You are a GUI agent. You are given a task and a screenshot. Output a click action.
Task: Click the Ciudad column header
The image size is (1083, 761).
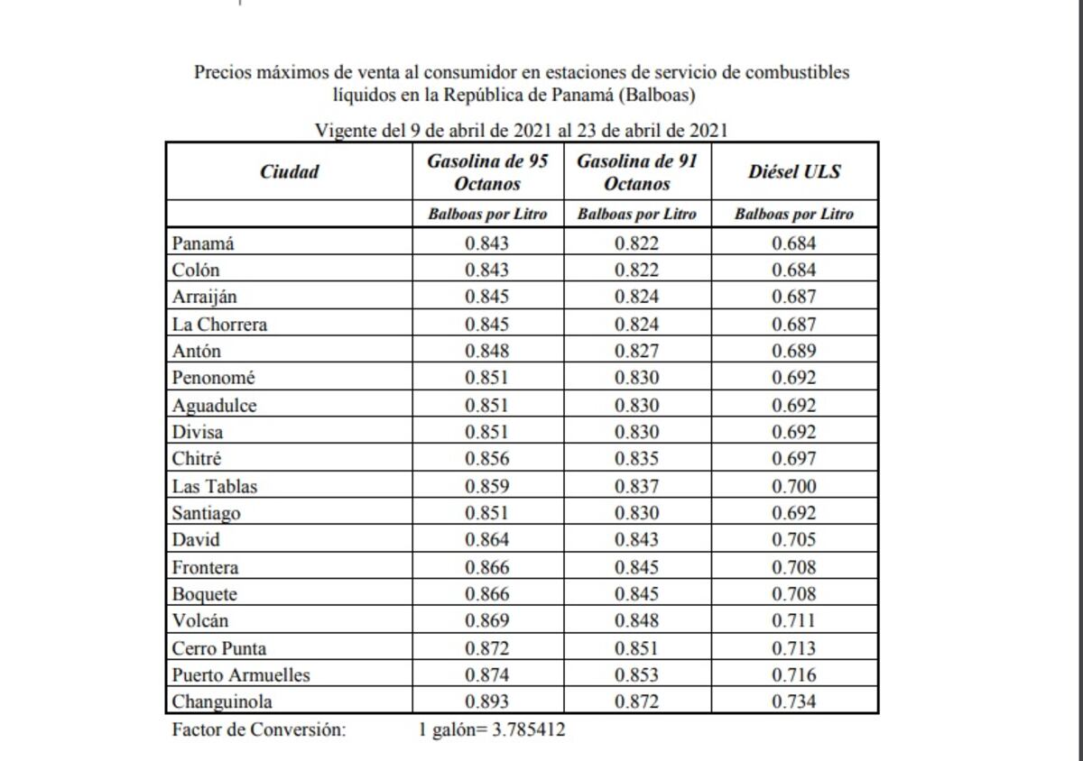coord(289,171)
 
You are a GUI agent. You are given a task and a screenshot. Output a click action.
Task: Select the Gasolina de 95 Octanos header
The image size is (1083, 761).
coord(487,171)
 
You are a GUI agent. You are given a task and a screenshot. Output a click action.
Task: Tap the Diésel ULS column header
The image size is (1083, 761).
coord(794,171)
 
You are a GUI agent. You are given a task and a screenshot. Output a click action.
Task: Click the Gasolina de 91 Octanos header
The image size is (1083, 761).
coord(637,171)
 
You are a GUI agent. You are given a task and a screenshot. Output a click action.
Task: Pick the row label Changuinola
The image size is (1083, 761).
coord(222,701)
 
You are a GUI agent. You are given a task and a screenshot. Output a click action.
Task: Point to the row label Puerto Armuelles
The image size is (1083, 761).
coord(241,674)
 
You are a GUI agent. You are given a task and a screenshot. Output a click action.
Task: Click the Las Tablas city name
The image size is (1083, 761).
coord(215,486)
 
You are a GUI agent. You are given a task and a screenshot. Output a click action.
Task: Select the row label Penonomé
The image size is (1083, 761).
coord(213,378)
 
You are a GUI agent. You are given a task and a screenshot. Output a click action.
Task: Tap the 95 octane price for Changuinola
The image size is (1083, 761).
coord(487,701)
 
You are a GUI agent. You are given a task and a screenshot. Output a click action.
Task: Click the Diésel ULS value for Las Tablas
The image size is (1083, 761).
coord(794,486)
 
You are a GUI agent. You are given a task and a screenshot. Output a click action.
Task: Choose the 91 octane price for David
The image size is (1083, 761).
coord(637,540)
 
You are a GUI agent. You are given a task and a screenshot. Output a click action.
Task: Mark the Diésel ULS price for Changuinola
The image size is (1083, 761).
coord(794,701)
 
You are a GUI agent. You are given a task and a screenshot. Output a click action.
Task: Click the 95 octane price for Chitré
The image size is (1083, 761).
coord(487,459)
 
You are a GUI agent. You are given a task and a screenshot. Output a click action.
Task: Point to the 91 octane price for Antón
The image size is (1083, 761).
coord(637,351)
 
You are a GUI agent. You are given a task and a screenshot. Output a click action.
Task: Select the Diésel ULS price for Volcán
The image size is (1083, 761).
coord(794,620)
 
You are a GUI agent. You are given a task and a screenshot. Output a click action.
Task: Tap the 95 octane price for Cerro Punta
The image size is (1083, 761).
coord(487,647)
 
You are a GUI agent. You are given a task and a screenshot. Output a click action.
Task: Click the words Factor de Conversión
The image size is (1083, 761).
coord(258,729)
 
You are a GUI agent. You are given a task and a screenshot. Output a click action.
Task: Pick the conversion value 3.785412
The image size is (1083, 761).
coord(528,729)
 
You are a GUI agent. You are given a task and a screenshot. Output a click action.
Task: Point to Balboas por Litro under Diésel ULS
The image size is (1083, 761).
coord(794,215)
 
